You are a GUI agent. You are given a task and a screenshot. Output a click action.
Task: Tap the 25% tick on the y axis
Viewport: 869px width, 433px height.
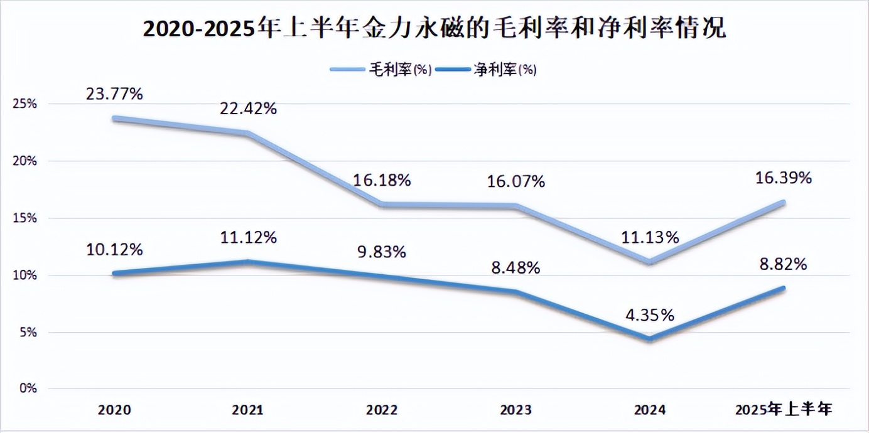click(x=24, y=104)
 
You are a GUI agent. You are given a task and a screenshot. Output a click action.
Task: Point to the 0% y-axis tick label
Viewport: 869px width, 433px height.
click(x=27, y=389)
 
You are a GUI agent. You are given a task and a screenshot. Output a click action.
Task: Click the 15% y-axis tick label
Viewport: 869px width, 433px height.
click(x=24, y=218)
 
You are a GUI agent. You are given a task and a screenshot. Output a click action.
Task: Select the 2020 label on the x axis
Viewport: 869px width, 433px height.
click(x=115, y=410)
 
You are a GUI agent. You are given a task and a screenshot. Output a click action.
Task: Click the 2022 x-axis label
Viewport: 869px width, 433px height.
click(x=382, y=410)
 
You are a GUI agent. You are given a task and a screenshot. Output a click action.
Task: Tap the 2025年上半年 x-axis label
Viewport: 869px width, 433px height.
click(x=784, y=410)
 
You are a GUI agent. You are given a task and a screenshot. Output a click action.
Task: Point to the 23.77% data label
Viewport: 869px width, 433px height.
click(x=115, y=94)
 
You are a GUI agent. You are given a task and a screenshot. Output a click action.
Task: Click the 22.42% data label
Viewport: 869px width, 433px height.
click(x=248, y=109)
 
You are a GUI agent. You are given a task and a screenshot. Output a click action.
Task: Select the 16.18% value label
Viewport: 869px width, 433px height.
click(x=382, y=181)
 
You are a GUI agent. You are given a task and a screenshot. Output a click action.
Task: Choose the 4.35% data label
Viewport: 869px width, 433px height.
click(x=649, y=314)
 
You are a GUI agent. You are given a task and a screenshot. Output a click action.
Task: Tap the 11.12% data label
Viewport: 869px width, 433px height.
click(x=248, y=238)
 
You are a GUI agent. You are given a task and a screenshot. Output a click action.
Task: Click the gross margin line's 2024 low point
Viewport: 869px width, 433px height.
click(x=649, y=261)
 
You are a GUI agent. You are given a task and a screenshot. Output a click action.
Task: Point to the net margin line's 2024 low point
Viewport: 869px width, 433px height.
click(x=649, y=339)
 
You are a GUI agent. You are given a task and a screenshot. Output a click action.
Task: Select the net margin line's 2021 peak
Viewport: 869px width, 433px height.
click(x=249, y=262)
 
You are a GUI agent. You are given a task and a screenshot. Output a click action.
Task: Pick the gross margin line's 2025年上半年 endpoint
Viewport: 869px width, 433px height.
click(x=783, y=202)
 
